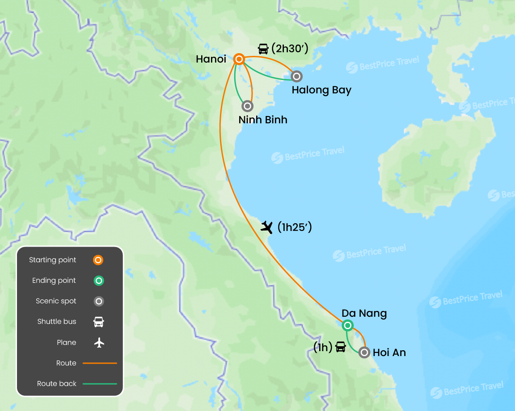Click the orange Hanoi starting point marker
click(239, 59)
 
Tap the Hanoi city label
click(211, 59)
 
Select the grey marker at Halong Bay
click(296, 76)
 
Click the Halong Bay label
click(321, 90)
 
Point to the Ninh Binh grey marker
click(247, 106)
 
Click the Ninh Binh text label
click(263, 120)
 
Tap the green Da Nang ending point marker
click(348, 326)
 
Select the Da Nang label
click(364, 313)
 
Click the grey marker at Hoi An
click(364, 352)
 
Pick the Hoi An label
click(389, 352)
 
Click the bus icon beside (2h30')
click(263, 49)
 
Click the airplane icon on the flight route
click(267, 227)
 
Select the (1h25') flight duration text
click(294, 227)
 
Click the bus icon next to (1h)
click(341, 347)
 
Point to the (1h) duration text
click(323, 347)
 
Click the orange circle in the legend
click(99, 260)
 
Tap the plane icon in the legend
click(99, 343)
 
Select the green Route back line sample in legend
click(99, 384)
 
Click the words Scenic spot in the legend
click(56, 301)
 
